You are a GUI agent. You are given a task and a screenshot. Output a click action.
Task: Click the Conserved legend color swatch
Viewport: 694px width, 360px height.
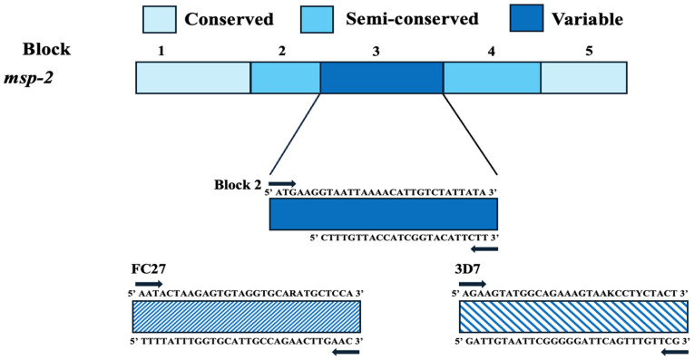coord(160,19)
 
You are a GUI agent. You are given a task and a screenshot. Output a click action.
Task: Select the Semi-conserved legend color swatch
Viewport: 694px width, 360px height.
coord(317,19)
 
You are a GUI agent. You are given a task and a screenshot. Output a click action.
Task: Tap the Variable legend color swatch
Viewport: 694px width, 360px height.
coord(526,18)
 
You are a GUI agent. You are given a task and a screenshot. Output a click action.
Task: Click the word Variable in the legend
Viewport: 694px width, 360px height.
coord(587,19)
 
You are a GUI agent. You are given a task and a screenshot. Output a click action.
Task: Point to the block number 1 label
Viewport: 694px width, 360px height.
coord(161,52)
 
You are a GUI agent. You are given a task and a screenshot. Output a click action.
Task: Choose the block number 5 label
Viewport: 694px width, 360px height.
coord(589,52)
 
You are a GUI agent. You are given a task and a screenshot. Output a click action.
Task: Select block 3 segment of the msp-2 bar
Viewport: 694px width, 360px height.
coord(382,78)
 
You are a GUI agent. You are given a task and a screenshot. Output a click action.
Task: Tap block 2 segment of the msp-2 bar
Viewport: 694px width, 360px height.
coord(286,78)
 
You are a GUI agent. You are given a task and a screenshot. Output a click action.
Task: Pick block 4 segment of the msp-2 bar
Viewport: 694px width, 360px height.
coord(492,78)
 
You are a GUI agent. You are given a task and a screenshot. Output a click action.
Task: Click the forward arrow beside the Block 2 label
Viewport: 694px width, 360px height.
coord(282,183)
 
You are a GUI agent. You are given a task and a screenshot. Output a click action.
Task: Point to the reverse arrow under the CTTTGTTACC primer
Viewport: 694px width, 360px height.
coord(484,249)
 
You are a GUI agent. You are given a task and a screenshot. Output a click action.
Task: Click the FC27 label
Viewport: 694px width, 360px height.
coord(149,269)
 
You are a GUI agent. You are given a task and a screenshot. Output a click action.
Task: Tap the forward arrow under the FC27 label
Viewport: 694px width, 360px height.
coord(149,284)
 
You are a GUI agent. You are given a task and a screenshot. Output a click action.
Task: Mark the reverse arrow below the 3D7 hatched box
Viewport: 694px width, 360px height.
coord(675,352)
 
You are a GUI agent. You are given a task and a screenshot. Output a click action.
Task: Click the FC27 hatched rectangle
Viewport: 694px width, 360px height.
coord(247,316)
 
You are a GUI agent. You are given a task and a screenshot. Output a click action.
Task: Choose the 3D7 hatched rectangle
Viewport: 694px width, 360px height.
coord(574,316)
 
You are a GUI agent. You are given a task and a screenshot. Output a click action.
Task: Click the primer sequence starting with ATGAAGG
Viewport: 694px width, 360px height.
coord(381,192)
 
